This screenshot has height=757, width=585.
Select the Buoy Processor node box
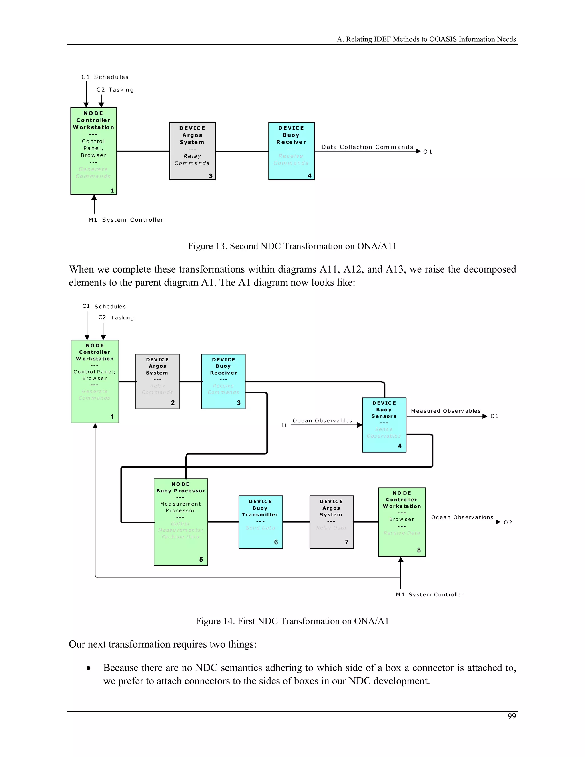(x=181, y=522)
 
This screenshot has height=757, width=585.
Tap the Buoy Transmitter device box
(x=260, y=522)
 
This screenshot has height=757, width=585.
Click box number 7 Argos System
(x=331, y=522)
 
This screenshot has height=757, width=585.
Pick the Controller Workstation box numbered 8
(x=402, y=522)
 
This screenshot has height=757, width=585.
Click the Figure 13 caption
(x=292, y=246)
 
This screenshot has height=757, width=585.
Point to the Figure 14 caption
(x=292, y=621)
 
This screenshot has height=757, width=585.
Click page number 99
(x=512, y=716)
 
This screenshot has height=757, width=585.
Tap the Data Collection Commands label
(x=367, y=147)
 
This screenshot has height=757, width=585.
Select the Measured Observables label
(x=446, y=411)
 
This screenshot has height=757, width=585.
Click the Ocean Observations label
(x=462, y=518)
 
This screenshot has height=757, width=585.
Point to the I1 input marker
(x=284, y=426)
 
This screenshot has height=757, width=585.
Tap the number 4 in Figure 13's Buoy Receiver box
(x=309, y=176)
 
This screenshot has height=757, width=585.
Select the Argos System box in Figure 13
(x=192, y=151)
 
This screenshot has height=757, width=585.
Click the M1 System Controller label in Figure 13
(x=126, y=220)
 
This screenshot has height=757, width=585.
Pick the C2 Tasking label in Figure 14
(x=116, y=317)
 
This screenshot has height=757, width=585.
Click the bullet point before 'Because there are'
(x=89, y=668)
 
